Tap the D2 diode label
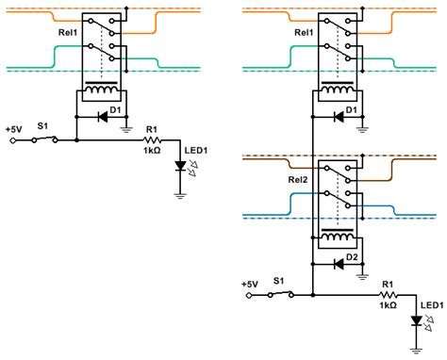tap(352, 255)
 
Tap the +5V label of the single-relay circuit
tap(14, 128)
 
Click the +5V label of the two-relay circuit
tap(249, 283)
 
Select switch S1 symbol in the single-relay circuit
tap(43, 139)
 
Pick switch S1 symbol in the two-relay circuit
tap(279, 294)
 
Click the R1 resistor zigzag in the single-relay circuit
tap(153, 139)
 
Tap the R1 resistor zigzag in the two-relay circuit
tap(388, 294)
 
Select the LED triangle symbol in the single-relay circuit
tap(179, 166)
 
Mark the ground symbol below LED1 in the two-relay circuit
tap(414, 349)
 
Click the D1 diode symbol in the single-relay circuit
tap(102, 118)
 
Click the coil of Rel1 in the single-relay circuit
tap(102, 92)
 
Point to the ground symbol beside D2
tap(364, 276)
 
